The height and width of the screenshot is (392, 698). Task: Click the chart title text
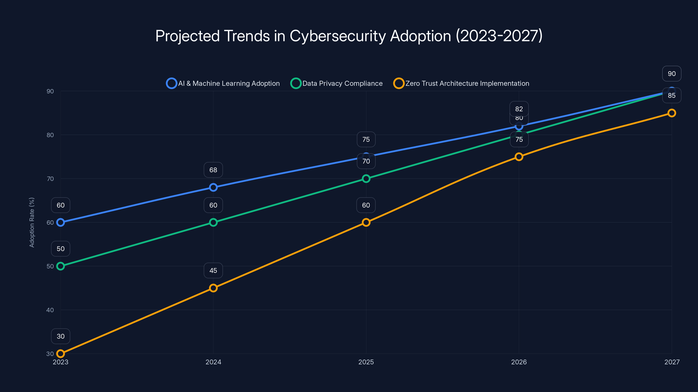point(349,36)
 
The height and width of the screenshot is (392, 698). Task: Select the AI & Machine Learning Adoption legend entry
point(223,83)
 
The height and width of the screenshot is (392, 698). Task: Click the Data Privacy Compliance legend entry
point(337,83)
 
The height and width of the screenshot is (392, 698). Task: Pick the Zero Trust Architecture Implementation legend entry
point(461,83)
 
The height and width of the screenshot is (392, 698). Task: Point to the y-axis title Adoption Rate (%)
point(32,222)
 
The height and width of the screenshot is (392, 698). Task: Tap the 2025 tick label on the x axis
point(366,362)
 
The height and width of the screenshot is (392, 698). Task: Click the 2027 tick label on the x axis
point(672,362)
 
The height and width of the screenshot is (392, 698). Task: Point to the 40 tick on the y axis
point(50,310)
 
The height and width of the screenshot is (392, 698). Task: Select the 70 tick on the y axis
point(50,179)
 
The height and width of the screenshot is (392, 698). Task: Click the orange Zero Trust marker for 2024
point(213,288)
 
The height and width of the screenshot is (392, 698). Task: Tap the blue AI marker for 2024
point(213,187)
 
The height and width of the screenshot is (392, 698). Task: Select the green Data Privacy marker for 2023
point(60,266)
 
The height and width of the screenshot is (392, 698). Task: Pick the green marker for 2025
point(366,179)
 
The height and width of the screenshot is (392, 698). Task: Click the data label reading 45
point(213,270)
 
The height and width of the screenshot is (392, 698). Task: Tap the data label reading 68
point(213,170)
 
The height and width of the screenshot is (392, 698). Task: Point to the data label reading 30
point(60,336)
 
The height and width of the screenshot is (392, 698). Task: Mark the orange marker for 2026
point(519,157)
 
